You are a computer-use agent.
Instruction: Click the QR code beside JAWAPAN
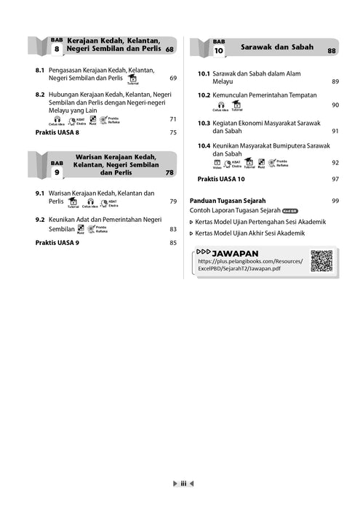(x=321, y=260)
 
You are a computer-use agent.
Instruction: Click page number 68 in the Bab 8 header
(x=169, y=49)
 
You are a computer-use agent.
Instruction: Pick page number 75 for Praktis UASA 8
(x=173, y=132)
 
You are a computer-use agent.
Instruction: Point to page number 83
(x=173, y=229)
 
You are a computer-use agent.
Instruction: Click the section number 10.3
(x=204, y=123)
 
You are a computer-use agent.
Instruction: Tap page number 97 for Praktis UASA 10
(x=335, y=178)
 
